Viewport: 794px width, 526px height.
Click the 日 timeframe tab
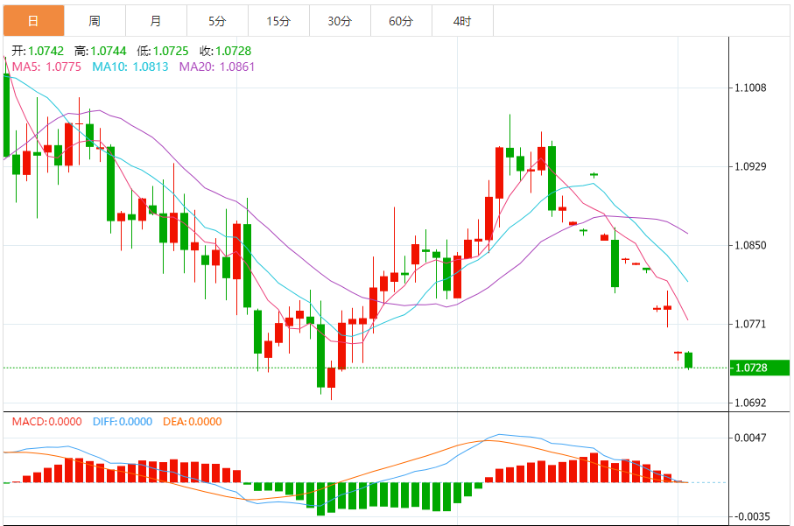[x=33, y=20]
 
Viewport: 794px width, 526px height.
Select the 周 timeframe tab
[x=95, y=20]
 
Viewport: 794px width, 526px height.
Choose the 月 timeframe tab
[x=156, y=20]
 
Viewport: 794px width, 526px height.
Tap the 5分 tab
[x=217, y=20]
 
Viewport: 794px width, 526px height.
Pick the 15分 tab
[x=278, y=20]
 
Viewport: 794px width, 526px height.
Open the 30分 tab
[x=340, y=20]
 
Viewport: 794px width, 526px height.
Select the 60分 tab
[x=401, y=20]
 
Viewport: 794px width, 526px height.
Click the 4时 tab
[x=462, y=20]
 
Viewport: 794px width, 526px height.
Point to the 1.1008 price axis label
[x=752, y=88]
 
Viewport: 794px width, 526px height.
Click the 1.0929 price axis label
[x=752, y=166]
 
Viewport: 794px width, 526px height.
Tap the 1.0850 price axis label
[x=752, y=245]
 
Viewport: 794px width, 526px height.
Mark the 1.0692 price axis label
[x=752, y=403]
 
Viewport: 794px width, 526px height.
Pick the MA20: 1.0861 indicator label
[x=217, y=67]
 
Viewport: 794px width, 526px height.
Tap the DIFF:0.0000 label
[x=122, y=422]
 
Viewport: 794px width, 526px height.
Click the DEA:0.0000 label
[x=193, y=422]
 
